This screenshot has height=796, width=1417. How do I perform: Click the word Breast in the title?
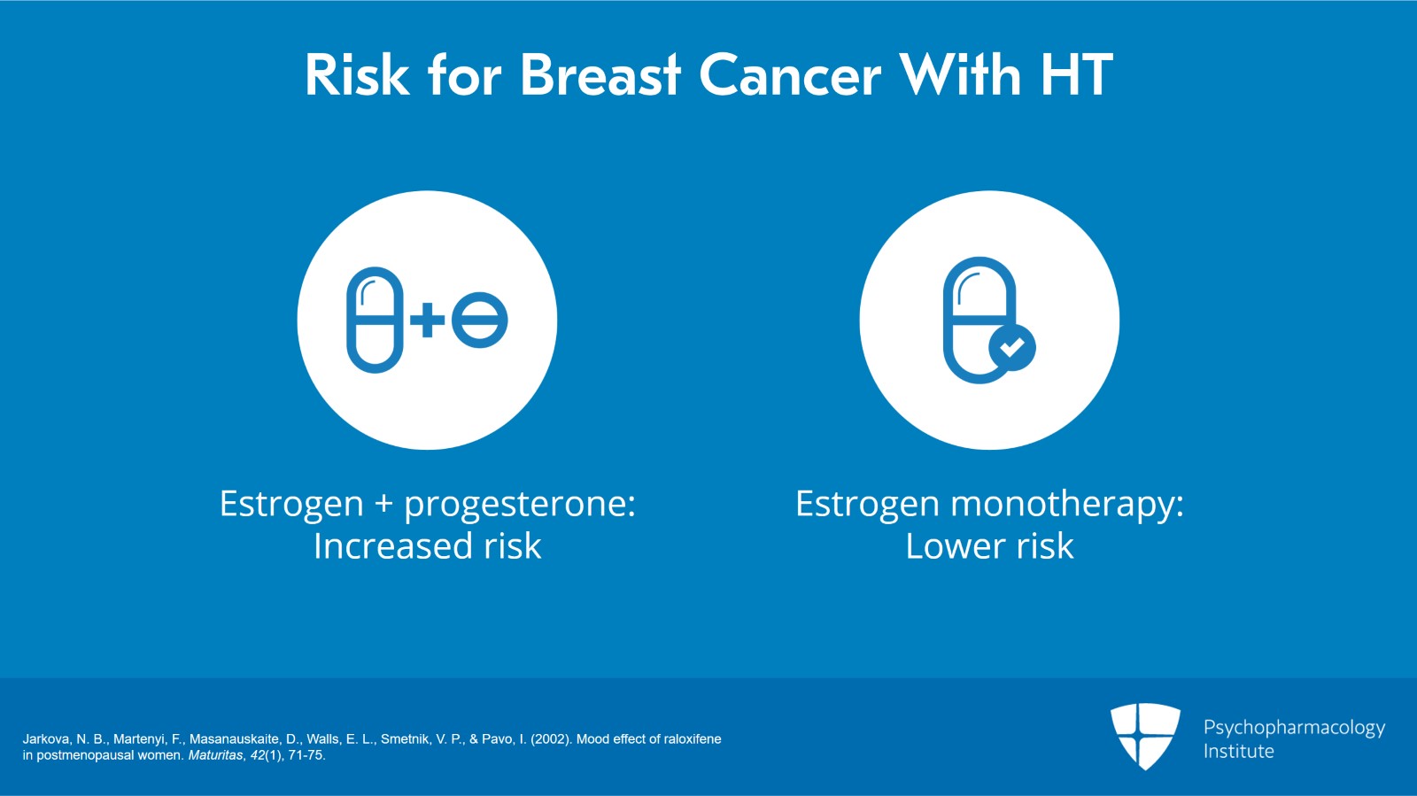click(x=600, y=75)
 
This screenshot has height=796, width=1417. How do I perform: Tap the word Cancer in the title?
click(x=790, y=75)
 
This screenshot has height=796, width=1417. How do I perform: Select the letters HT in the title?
click(x=1076, y=75)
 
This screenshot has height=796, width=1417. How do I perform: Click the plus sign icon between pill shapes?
click(x=428, y=320)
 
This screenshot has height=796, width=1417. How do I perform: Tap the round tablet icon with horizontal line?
click(x=479, y=320)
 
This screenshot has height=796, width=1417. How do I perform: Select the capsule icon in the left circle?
click(x=375, y=320)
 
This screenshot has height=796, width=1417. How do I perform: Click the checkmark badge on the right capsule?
click(x=1011, y=348)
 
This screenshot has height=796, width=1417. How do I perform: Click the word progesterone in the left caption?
click(x=519, y=504)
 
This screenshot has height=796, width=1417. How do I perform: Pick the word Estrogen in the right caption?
click(x=866, y=504)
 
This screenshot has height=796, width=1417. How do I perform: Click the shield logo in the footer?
click(x=1144, y=735)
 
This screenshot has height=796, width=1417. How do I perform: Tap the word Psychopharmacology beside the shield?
click(x=1293, y=728)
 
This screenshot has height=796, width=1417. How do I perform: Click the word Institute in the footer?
click(x=1238, y=752)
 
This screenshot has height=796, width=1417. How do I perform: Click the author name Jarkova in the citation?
click(x=47, y=738)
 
